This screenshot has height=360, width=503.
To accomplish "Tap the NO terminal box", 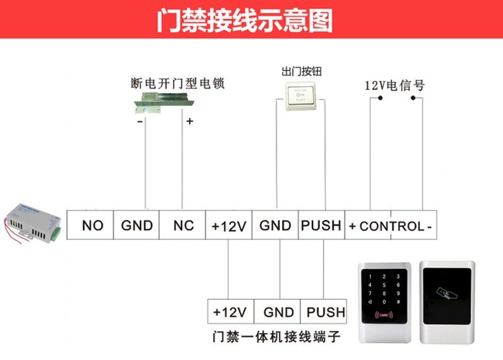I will pos(92,225).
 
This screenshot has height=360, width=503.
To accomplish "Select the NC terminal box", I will pos(184,225).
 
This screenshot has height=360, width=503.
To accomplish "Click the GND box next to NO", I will pos(137,225).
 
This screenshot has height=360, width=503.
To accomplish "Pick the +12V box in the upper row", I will pos(229,225).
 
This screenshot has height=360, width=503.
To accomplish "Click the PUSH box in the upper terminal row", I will pos(321,225).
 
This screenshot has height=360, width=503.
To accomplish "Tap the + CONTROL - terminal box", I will pos(390,225).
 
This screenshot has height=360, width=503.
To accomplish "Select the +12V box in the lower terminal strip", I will pos(230,312).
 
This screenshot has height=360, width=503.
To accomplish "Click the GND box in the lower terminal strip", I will pos(279,312).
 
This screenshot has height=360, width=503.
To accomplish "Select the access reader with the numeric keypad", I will pos(383,300).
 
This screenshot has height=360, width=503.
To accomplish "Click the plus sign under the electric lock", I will pos(189,122).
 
